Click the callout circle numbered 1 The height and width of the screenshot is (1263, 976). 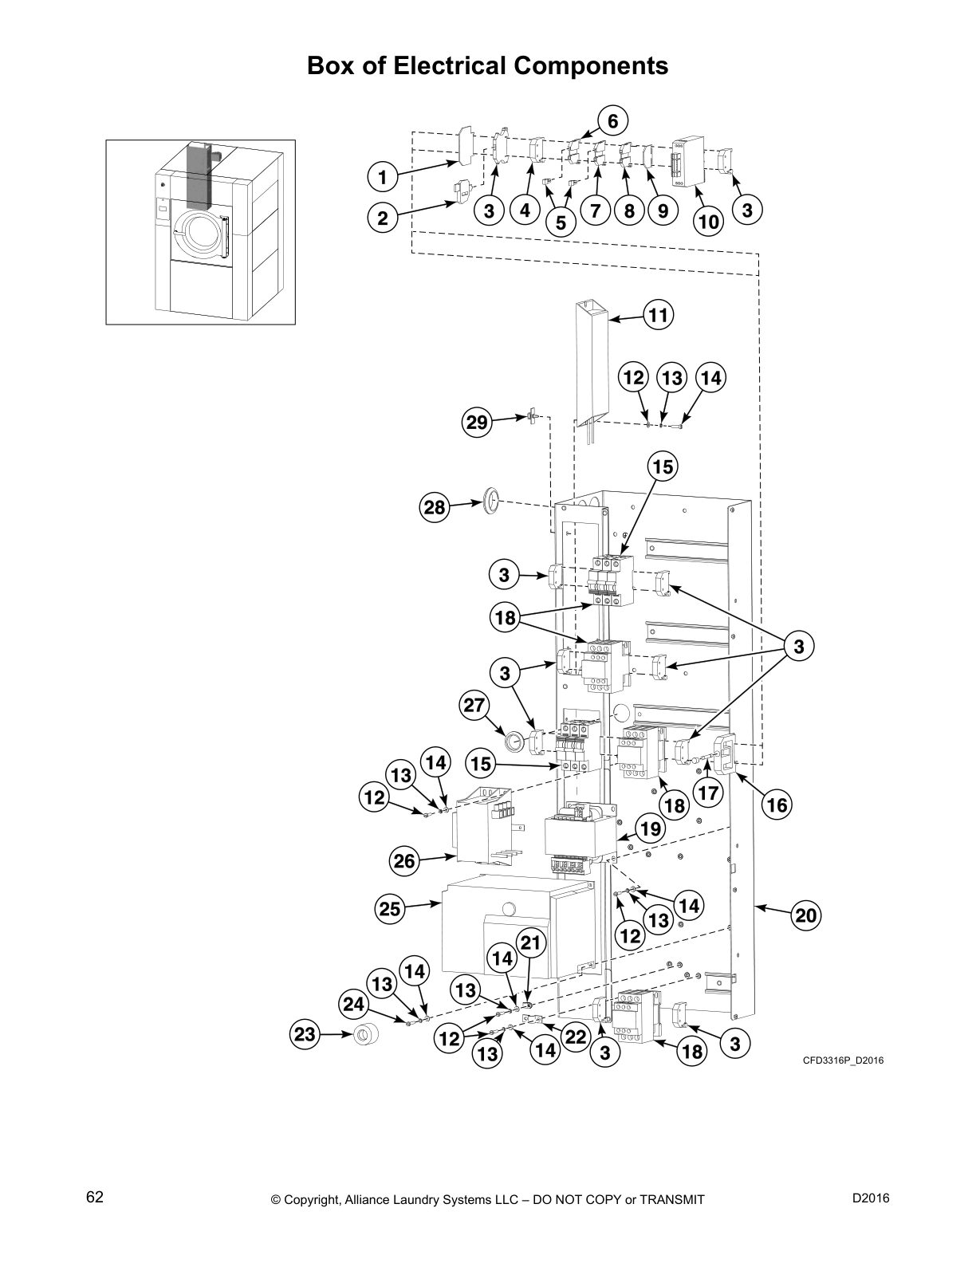click(384, 176)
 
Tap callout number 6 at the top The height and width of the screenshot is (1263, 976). click(612, 121)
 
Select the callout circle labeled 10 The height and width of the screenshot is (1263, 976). click(708, 221)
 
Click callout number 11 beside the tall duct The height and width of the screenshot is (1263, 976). click(657, 315)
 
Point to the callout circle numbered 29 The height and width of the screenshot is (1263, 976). click(477, 423)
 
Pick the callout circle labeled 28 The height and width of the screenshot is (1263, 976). click(435, 508)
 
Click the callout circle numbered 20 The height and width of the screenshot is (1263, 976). click(806, 916)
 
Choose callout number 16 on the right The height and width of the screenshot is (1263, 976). click(776, 805)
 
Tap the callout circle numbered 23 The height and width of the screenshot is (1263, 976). click(305, 1035)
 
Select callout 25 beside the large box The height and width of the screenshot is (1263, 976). click(390, 910)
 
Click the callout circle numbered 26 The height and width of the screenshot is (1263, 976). click(404, 860)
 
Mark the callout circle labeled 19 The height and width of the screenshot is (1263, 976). click(651, 828)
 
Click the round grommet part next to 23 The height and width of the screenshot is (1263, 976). click(366, 1035)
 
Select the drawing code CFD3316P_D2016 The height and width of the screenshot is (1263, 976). click(843, 1060)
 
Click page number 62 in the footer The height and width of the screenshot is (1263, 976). click(95, 1198)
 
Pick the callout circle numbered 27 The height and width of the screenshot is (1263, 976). click(474, 705)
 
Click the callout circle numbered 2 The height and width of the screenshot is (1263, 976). click(384, 218)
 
